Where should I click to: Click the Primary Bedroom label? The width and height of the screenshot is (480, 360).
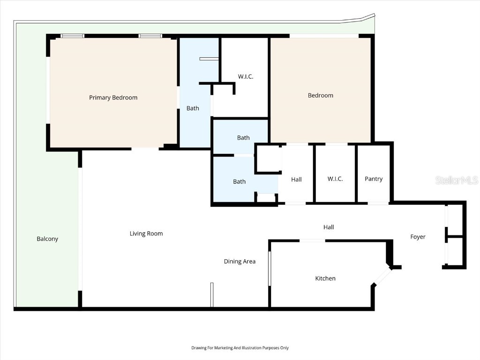113,97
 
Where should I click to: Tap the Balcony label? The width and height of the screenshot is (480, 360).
47,239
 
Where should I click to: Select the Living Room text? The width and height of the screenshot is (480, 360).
146,233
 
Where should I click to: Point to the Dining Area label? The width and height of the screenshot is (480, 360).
240,261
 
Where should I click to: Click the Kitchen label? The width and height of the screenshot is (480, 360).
325,278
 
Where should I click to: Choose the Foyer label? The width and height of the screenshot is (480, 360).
418,237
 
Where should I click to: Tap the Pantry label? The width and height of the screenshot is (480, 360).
374,179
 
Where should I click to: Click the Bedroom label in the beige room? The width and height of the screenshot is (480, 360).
321,95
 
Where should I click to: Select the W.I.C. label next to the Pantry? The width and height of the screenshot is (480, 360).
335,179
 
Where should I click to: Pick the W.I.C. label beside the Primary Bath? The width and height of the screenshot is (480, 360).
246,76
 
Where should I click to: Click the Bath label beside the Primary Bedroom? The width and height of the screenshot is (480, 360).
193,108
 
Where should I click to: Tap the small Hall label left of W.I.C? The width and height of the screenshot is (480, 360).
296,179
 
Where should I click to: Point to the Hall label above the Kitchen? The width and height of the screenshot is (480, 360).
329,227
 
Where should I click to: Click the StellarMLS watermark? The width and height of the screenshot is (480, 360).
457,180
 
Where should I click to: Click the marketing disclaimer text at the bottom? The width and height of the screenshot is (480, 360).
240,348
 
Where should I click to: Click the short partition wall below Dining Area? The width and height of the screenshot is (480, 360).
212,295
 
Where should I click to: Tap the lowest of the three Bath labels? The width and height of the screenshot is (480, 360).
239,181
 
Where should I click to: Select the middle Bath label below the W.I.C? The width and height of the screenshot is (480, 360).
243,138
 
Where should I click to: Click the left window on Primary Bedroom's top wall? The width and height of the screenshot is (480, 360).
73,36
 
